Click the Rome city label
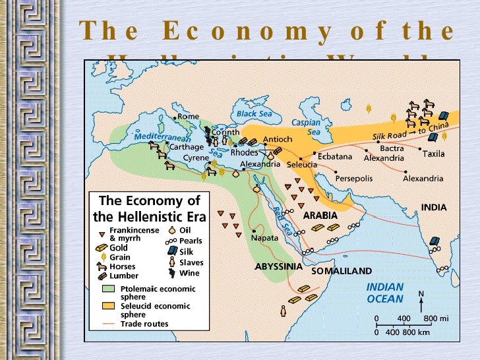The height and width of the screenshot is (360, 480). tap(188, 117)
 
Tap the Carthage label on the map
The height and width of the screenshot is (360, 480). tap(187, 147)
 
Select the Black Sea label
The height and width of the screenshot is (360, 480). tap(255, 113)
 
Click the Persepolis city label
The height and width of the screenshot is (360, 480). tap(354, 179)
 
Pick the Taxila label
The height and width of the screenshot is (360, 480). tap(433, 154)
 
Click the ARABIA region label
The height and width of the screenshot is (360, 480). tap(320, 216)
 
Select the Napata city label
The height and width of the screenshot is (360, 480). tap(264, 237)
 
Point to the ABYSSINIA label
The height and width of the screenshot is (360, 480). tap(278, 267)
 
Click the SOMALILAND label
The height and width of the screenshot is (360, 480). tap(341, 271)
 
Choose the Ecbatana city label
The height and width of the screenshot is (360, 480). tap(335, 157)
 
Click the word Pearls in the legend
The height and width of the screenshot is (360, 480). tap(191, 241)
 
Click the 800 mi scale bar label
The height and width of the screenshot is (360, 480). tap(436, 318)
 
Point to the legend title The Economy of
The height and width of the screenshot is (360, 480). tap(149, 201)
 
